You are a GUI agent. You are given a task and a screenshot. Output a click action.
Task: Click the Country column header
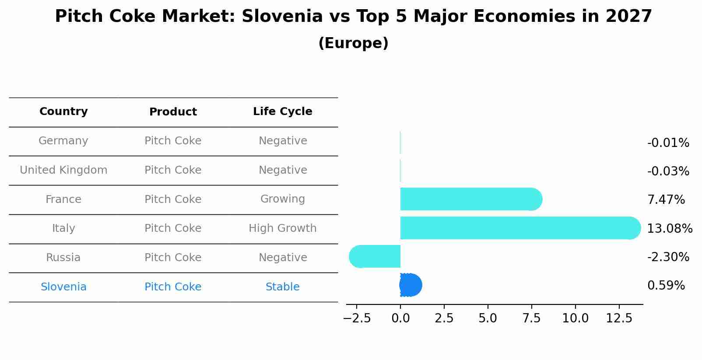(63, 112)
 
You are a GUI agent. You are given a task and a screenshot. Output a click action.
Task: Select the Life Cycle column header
(282, 112)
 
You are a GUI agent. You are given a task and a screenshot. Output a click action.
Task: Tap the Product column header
(173, 112)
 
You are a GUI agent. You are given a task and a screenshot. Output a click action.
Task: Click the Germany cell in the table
(63, 141)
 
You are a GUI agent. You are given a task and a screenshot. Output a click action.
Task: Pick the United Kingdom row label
(63, 170)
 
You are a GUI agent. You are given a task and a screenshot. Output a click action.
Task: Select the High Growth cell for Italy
(282, 228)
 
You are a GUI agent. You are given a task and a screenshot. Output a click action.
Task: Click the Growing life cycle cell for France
(282, 199)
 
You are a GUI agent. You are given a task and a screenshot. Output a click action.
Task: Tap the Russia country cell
(63, 258)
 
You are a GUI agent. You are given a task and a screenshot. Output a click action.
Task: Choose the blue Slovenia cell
(63, 287)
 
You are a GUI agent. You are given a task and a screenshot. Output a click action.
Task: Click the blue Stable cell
(282, 287)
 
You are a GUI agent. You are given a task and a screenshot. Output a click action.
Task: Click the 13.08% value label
(669, 228)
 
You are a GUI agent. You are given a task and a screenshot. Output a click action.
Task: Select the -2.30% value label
(668, 257)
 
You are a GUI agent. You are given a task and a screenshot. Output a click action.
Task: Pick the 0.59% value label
(666, 286)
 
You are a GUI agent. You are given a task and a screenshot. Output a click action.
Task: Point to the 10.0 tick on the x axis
(575, 318)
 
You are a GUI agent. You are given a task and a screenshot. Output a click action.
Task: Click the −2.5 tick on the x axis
(357, 318)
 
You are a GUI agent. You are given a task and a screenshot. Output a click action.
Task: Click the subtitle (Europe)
(353, 43)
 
